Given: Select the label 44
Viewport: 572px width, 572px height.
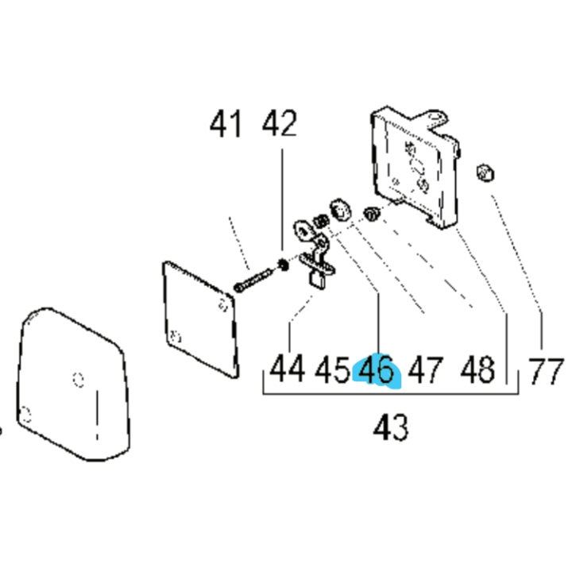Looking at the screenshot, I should pyautogui.click(x=288, y=369).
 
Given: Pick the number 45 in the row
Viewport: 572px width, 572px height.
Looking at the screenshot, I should pyautogui.click(x=333, y=370).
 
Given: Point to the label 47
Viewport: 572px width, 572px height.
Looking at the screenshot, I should pyautogui.click(x=426, y=370).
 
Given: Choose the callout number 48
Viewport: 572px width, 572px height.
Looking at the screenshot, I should pyautogui.click(x=477, y=370).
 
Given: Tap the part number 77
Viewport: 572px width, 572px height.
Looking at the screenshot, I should pyautogui.click(x=546, y=370).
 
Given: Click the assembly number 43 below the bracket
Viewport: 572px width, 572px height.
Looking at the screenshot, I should pyautogui.click(x=391, y=428).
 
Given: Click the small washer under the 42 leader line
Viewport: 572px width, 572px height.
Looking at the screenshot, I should pyautogui.click(x=283, y=263).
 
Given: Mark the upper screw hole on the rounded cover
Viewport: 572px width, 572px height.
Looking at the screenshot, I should pyautogui.click(x=77, y=377).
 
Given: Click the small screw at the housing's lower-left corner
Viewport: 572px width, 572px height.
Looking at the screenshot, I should pyautogui.click(x=370, y=213).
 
